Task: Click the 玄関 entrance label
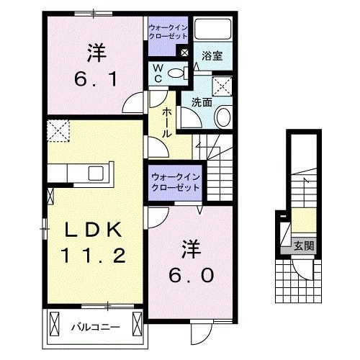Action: tap(302, 245)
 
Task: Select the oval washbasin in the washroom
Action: tap(222, 118)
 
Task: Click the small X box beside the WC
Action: tap(185, 53)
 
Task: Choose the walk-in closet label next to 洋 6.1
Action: tap(168, 32)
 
